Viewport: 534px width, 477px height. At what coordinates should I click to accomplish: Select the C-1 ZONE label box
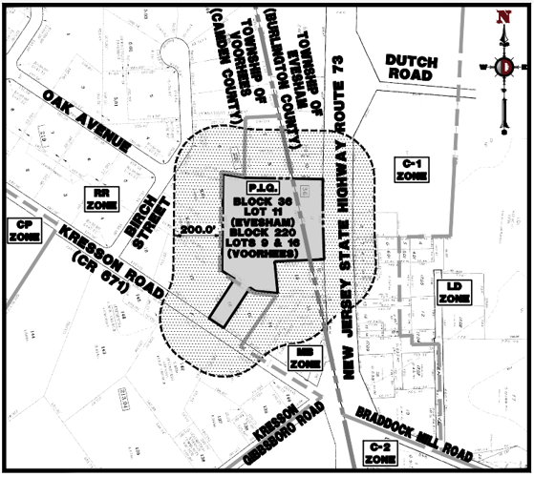pyautogui.click(x=412, y=171)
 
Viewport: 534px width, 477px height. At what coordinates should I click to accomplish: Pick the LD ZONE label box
pyautogui.click(x=451, y=293)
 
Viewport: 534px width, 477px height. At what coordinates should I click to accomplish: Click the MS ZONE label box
pyautogui.click(x=303, y=359)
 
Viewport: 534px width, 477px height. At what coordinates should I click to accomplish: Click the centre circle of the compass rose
pyautogui.click(x=505, y=66)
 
